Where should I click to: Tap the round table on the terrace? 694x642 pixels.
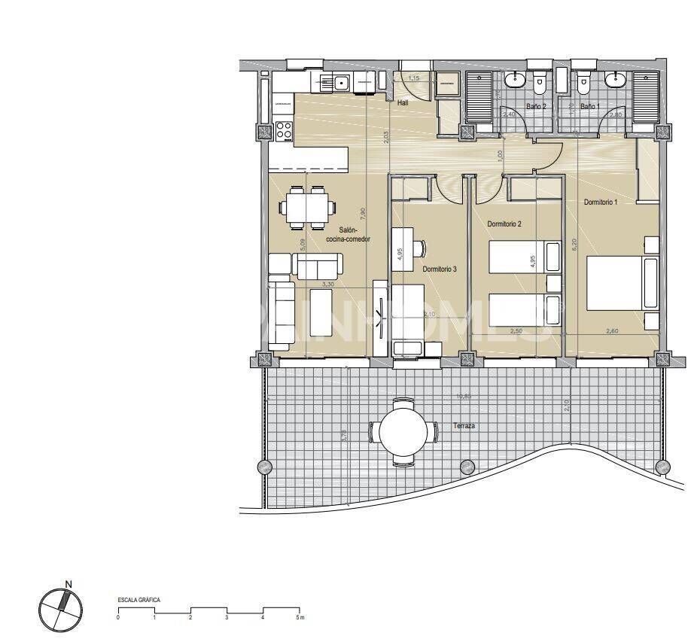point(403,432)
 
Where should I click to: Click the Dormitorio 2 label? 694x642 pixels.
point(504,224)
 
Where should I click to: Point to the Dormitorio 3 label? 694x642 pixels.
point(440,269)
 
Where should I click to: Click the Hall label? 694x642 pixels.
point(403,103)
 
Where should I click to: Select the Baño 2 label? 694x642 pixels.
point(536,107)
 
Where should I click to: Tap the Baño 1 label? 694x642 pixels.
point(589,107)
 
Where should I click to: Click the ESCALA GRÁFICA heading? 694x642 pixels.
point(139,600)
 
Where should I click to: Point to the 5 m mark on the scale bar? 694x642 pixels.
point(299,618)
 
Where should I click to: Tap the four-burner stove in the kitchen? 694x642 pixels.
point(284,130)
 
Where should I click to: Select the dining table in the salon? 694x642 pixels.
point(307,207)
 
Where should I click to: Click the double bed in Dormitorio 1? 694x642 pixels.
point(621,283)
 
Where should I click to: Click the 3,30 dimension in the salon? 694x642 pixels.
point(328,284)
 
